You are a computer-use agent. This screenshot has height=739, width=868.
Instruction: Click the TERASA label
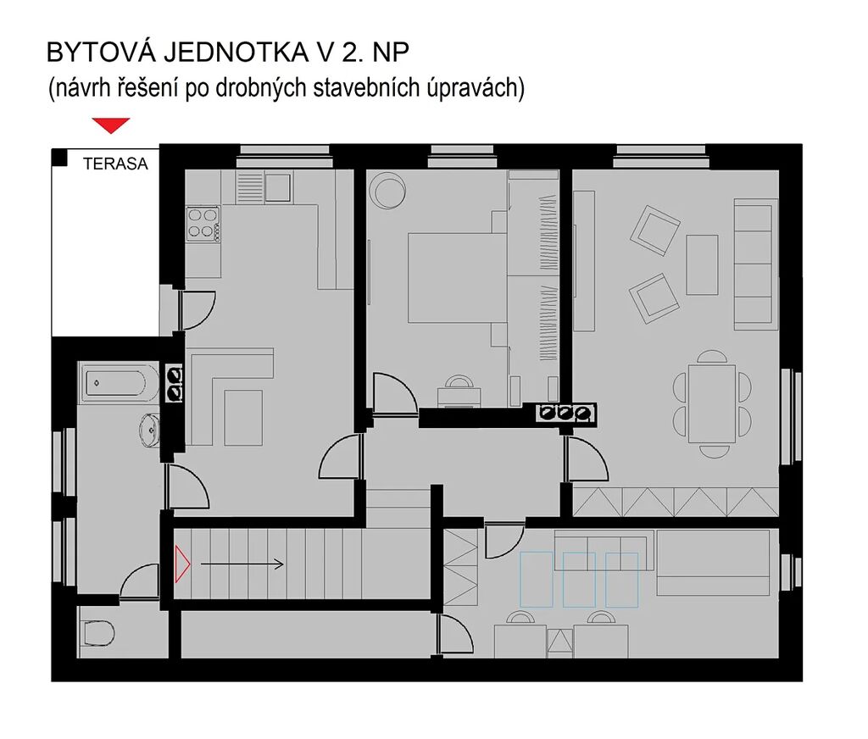(115, 164)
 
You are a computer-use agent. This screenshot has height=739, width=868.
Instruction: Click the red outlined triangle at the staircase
(181, 564)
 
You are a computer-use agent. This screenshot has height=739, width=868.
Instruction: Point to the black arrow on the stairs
(242, 564)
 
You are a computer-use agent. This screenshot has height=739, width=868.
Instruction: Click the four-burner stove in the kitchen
(203, 224)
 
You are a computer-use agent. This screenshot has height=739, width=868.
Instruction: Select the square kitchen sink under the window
(278, 187)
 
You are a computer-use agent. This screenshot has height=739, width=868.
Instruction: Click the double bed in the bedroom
(457, 278)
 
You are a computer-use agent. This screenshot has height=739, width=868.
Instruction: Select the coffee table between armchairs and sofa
(702, 264)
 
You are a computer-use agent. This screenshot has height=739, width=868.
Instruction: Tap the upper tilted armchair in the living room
(655, 231)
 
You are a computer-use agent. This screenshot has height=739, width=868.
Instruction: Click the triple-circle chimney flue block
(565, 413)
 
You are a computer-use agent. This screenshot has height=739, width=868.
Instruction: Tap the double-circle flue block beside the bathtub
(175, 383)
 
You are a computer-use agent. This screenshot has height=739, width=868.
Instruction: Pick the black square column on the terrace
(59, 158)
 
